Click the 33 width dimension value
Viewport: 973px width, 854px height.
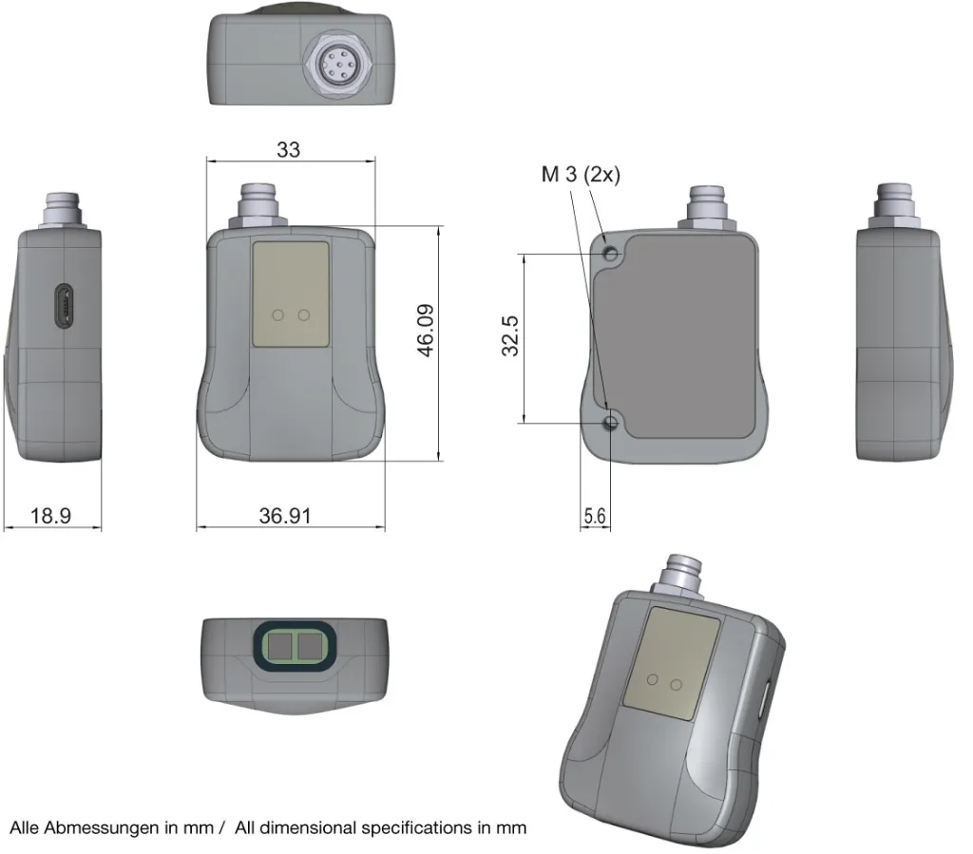point(288,149)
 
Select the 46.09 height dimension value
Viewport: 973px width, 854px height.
point(425,331)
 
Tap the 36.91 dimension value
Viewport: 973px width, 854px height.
point(285,516)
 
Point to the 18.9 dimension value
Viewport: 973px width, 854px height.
point(51,516)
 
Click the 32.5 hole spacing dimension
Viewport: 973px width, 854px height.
point(510,335)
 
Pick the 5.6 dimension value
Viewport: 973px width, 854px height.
point(595,516)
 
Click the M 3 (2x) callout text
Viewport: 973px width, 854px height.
point(581,174)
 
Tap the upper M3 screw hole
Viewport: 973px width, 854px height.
point(611,254)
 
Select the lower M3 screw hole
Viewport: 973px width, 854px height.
point(611,423)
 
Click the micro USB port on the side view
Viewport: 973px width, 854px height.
point(64,306)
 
